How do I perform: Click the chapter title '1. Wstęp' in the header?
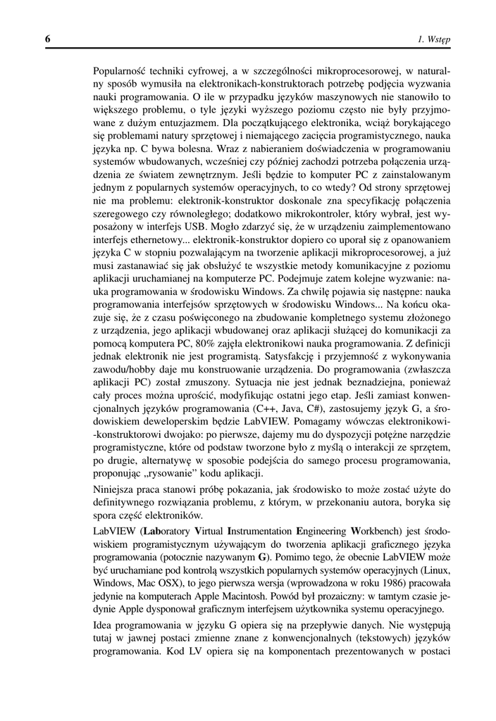[x=434, y=39]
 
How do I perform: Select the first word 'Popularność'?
[x=121, y=70]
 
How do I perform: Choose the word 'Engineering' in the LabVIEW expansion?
[x=321, y=530]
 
